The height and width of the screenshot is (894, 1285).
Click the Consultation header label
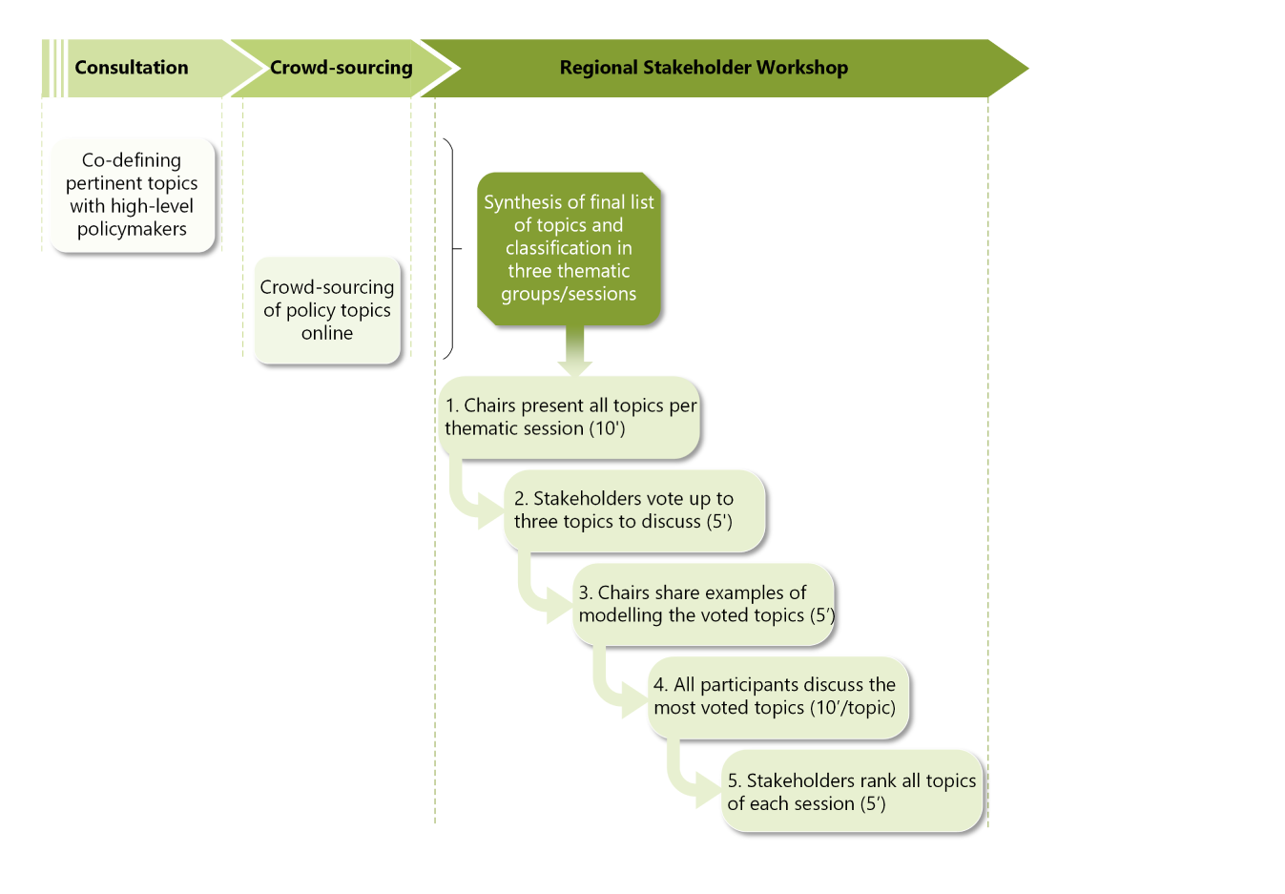(132, 68)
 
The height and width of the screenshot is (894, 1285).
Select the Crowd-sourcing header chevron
(341, 68)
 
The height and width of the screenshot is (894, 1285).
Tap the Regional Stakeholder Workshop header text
(703, 68)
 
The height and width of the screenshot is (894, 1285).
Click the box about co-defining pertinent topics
(132, 195)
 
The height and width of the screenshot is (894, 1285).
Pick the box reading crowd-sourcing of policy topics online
(327, 310)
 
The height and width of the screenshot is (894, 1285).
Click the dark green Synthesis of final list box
(569, 248)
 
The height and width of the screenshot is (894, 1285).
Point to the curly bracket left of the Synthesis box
(450, 248)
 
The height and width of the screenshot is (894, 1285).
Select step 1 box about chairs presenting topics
(570, 417)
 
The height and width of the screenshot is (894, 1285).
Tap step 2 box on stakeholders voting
(634, 510)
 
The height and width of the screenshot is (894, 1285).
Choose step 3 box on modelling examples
(704, 604)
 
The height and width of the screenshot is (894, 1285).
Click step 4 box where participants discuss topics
(777, 696)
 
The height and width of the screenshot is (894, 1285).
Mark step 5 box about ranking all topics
(852, 792)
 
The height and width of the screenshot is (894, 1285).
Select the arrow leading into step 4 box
(615, 692)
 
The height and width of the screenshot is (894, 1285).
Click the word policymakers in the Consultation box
(132, 229)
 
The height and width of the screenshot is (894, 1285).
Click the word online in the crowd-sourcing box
(327, 333)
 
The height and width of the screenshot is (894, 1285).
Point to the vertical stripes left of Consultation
(54, 68)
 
